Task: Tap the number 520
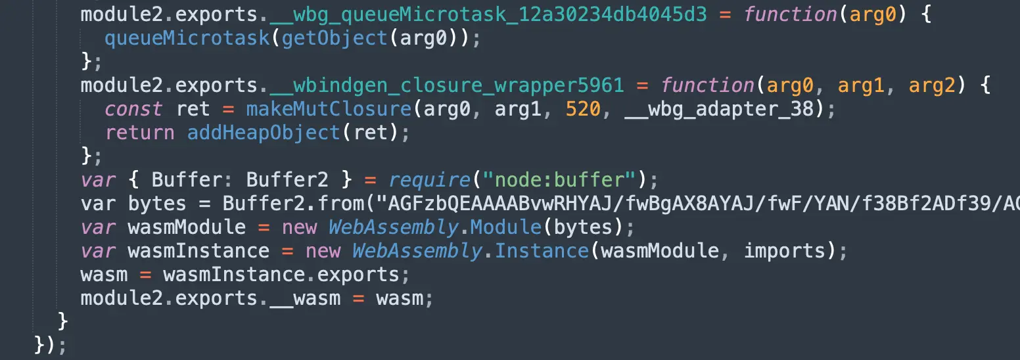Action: coord(582,109)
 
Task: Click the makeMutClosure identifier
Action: coord(329,109)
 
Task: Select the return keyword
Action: coord(139,133)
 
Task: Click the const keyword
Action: coord(133,109)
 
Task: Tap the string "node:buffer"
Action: coord(564,180)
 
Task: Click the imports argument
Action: coord(785,251)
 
